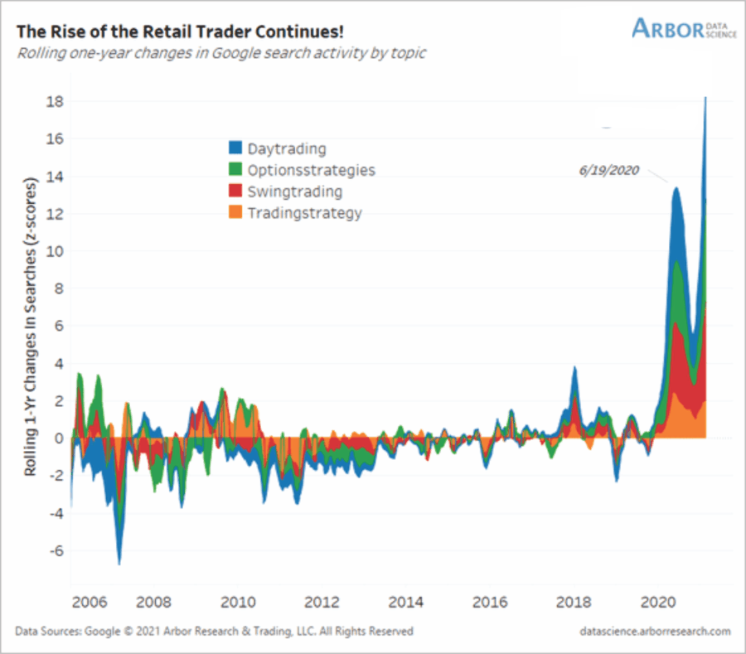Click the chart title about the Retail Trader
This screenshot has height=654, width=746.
pyautogui.click(x=180, y=31)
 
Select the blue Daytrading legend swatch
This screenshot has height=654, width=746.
pyautogui.click(x=235, y=149)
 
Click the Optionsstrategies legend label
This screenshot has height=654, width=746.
pyautogui.click(x=312, y=170)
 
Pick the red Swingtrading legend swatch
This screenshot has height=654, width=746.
pyautogui.click(x=235, y=191)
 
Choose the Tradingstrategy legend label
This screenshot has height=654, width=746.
pyautogui.click(x=305, y=213)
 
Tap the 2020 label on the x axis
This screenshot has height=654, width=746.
pyautogui.click(x=661, y=601)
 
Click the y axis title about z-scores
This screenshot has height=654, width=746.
pyautogui.click(x=30, y=326)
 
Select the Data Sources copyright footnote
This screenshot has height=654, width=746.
pyautogui.click(x=214, y=632)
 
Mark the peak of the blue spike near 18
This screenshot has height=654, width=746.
pyautogui.click(x=705, y=99)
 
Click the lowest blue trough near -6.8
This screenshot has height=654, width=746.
pyautogui.click(x=119, y=564)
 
